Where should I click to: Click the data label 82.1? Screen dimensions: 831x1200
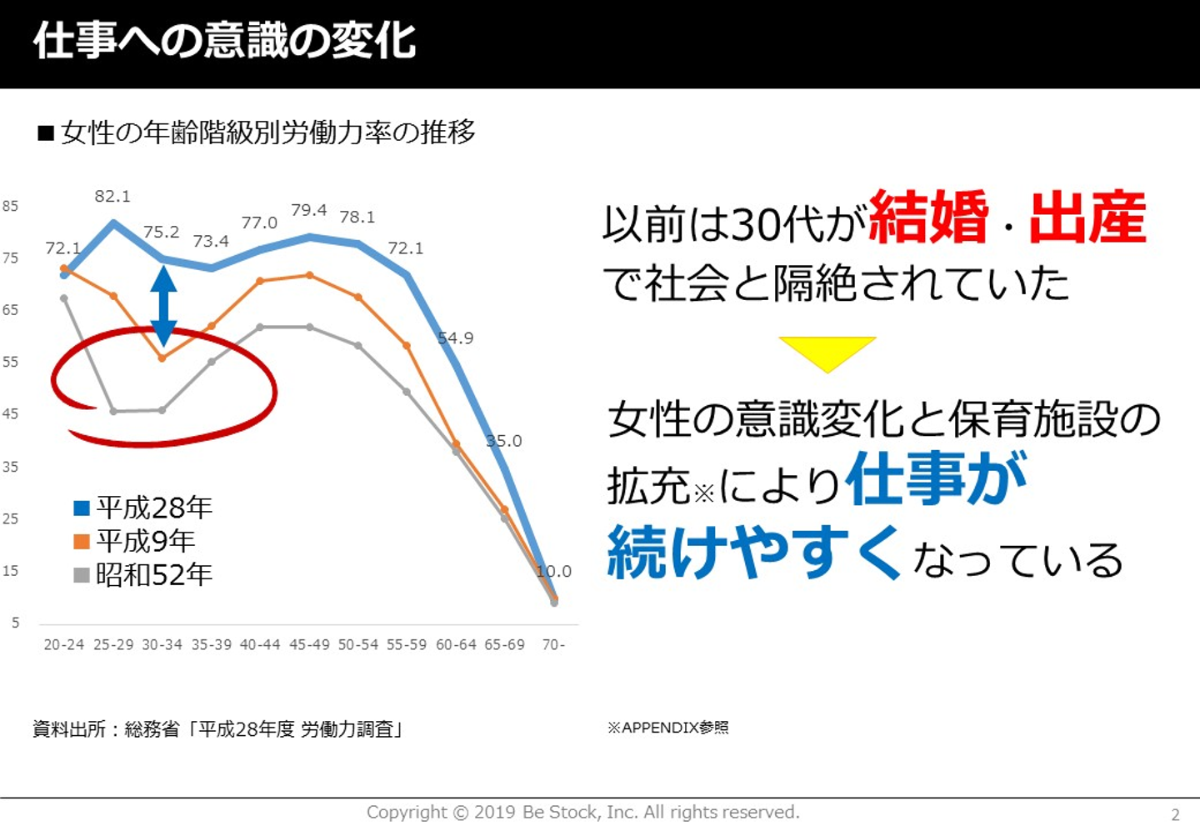pyautogui.click(x=112, y=197)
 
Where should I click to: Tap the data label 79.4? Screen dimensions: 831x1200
pyautogui.click(x=308, y=210)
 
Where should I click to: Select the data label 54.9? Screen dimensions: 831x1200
pyautogui.click(x=455, y=338)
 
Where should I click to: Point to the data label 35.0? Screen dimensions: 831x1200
pyautogui.click(x=504, y=441)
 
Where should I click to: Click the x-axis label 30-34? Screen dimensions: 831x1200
pyautogui.click(x=162, y=645)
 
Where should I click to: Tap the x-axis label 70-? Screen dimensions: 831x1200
pyautogui.click(x=553, y=645)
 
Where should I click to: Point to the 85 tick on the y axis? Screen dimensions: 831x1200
pyautogui.click(x=10, y=206)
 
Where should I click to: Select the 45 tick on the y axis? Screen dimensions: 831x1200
pyautogui.click(x=10, y=414)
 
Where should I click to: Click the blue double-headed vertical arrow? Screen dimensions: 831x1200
pyautogui.click(x=163, y=305)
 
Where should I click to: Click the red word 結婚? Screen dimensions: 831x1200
pyautogui.click(x=928, y=218)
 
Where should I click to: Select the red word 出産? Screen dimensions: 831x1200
pyautogui.click(x=1087, y=218)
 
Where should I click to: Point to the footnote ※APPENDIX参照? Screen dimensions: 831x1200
pyautogui.click(x=668, y=728)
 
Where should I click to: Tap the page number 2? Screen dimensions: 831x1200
pyautogui.click(x=1176, y=815)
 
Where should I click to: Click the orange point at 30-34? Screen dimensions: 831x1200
pyautogui.click(x=162, y=358)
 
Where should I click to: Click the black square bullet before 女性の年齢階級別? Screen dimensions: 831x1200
pyautogui.click(x=46, y=133)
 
